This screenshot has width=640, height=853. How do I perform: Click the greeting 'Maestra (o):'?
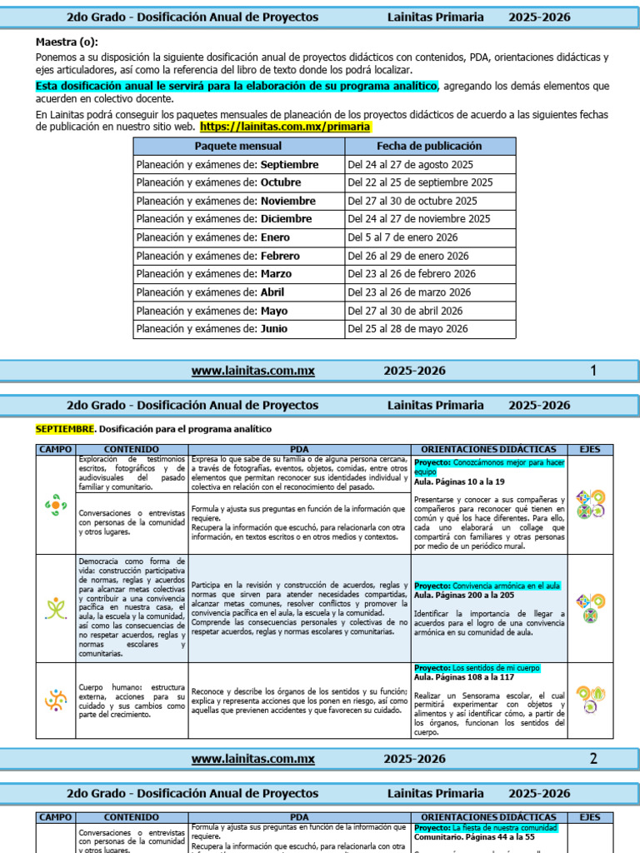coord(66,42)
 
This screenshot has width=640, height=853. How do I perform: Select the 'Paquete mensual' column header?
coord(238,146)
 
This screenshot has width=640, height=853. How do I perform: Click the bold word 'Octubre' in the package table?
coord(280,182)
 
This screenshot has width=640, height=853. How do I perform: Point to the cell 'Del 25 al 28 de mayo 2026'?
coord(407,329)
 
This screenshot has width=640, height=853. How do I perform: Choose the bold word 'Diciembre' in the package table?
coord(286,219)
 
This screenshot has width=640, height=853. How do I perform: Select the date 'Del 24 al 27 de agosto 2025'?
coord(410,165)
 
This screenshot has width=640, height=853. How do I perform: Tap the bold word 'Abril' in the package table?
coord(272,292)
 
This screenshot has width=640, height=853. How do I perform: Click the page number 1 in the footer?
coord(592,371)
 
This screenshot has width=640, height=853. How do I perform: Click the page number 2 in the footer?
coord(592,759)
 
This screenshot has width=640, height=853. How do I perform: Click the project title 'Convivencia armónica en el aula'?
coord(506,586)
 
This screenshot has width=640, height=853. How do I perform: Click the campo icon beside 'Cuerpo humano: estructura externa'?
coord(55,700)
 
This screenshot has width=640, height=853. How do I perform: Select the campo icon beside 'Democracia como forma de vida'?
coord(55,608)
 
